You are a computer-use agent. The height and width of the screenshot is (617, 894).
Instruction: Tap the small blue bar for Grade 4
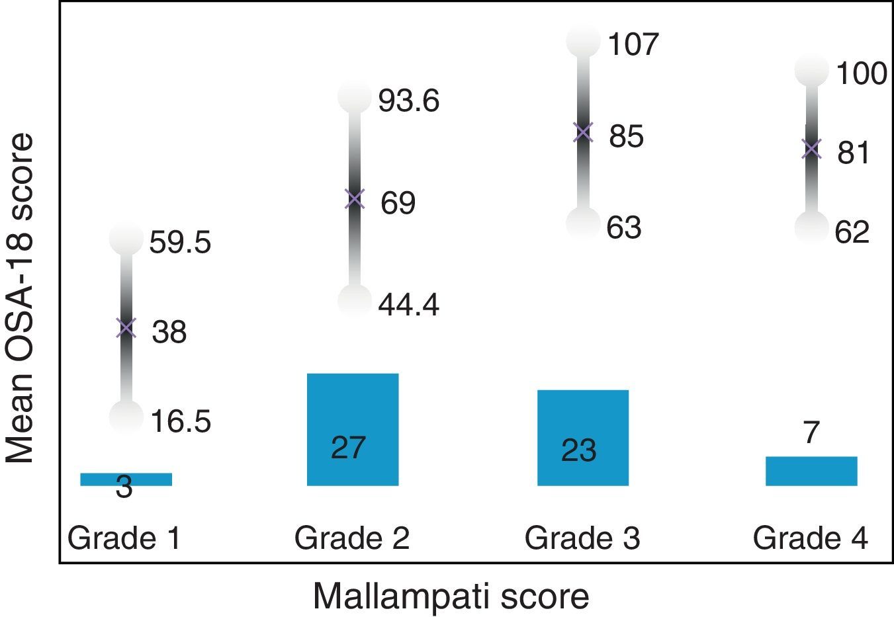811,471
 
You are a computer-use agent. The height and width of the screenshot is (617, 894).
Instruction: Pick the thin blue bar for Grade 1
126,479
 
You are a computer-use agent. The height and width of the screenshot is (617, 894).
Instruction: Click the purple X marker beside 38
126,328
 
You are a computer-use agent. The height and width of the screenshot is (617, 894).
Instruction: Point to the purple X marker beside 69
355,198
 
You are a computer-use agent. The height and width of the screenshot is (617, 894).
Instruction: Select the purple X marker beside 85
583,132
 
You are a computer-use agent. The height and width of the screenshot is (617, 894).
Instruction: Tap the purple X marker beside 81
811,149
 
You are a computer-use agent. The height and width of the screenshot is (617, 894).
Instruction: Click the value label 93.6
408,101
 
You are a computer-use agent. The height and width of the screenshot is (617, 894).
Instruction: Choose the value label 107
633,44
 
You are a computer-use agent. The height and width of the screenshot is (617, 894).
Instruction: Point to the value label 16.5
180,421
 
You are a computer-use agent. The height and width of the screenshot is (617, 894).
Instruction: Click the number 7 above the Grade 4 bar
811,433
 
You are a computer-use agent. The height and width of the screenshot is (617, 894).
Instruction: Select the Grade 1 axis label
124,538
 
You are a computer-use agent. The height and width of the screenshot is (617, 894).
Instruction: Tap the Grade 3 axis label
582,538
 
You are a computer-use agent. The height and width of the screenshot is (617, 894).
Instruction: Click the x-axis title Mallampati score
451,596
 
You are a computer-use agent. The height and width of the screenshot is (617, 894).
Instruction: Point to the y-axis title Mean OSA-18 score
20,298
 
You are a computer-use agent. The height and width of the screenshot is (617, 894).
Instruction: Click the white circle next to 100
812,70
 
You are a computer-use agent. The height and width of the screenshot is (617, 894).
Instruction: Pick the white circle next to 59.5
126,238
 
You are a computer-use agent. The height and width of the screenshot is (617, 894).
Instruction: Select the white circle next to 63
583,223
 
